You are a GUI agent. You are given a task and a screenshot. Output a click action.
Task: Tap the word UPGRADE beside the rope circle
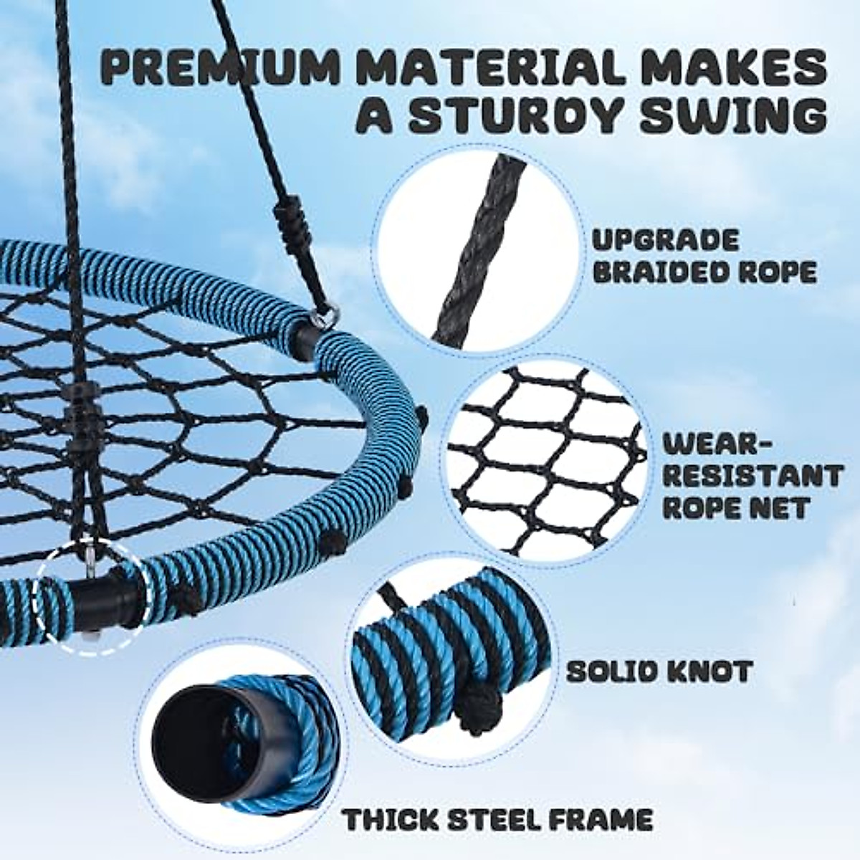[x=665, y=240]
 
